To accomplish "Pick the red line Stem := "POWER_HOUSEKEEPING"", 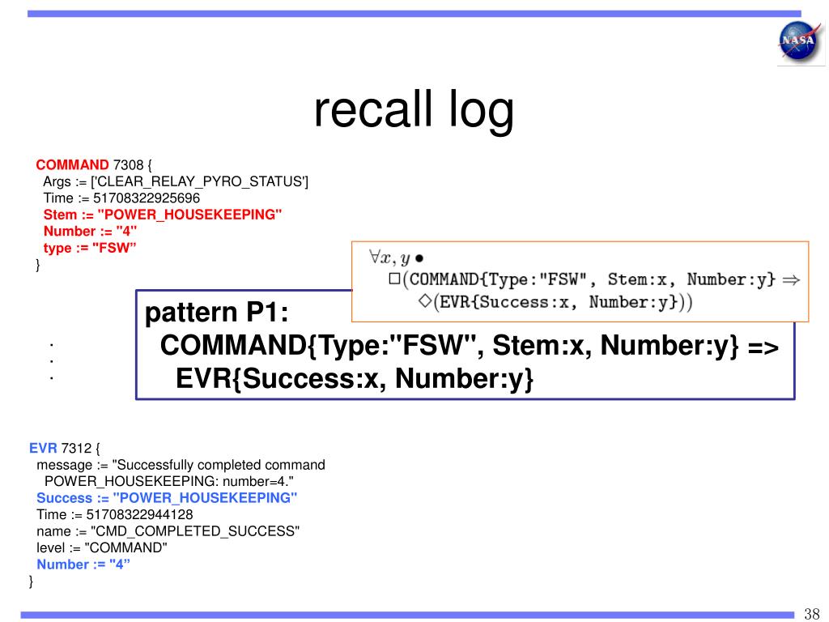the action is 163,215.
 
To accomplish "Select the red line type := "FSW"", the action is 90,248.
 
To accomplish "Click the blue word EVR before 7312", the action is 42,448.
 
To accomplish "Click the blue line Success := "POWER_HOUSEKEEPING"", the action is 167,497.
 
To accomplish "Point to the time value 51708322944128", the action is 139,514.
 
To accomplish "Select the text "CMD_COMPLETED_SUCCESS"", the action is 195,530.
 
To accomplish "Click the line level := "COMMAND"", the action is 102,547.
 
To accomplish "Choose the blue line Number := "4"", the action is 83,564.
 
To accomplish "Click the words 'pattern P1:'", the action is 216,313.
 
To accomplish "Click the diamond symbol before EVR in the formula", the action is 423,303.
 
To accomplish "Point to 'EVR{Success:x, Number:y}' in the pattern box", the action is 355,378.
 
